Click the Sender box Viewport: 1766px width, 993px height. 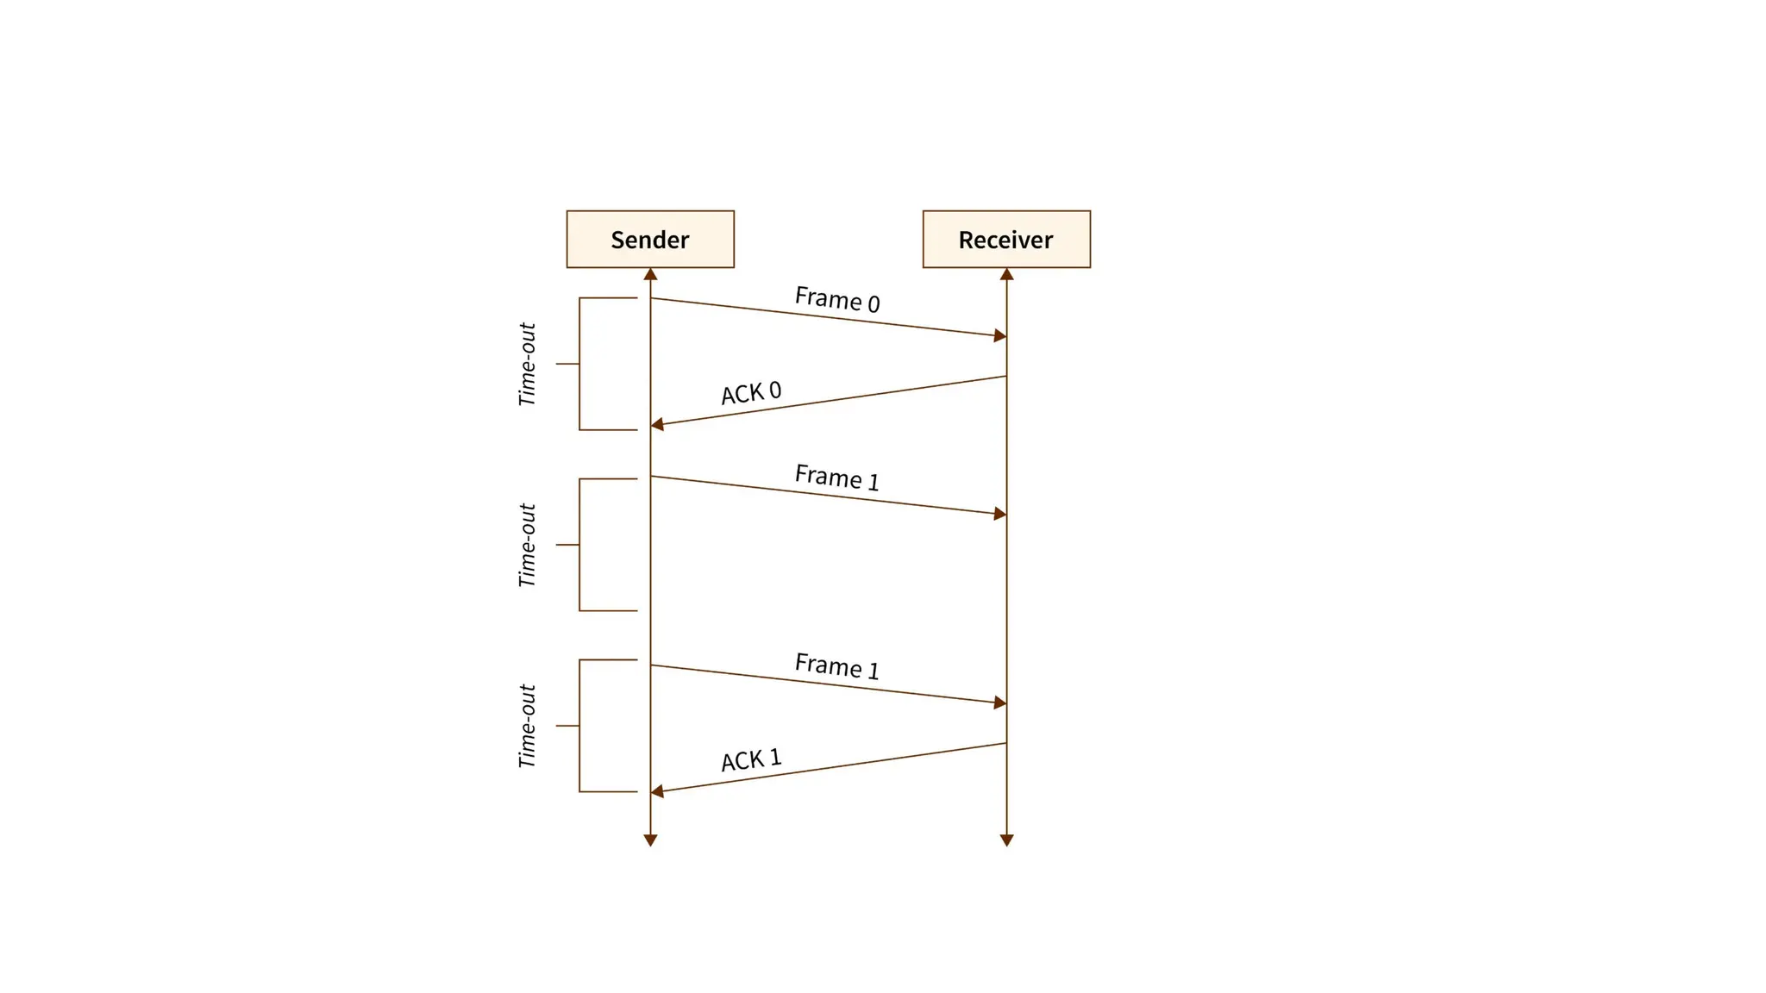[x=650, y=239]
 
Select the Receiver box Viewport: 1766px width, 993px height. [x=1006, y=239]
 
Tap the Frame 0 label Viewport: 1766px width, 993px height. [x=836, y=299]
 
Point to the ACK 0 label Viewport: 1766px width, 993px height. [x=751, y=393]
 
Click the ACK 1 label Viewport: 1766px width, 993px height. [x=751, y=760]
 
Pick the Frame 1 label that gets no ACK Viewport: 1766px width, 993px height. [x=836, y=477]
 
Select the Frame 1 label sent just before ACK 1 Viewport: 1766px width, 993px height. [x=836, y=666]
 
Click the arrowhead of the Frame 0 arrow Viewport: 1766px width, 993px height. [x=1000, y=335]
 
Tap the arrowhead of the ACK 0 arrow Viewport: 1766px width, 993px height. [x=657, y=424]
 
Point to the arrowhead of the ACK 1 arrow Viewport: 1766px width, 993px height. [x=657, y=790]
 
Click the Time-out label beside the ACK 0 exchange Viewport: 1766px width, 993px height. [x=527, y=364]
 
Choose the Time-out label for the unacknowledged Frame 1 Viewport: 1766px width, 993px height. [x=527, y=545]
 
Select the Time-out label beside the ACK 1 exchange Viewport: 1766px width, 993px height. [x=527, y=726]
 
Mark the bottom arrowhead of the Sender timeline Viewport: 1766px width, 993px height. [x=650, y=840]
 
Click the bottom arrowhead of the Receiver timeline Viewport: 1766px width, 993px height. [x=1006, y=840]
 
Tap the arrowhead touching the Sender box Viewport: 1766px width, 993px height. [x=650, y=274]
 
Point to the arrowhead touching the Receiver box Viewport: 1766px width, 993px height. [x=1006, y=274]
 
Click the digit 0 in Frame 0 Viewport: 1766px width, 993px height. [x=873, y=303]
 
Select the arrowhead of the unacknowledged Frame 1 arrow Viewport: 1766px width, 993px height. [x=1000, y=514]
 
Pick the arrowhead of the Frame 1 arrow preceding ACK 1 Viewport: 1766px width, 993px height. [x=1000, y=703]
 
